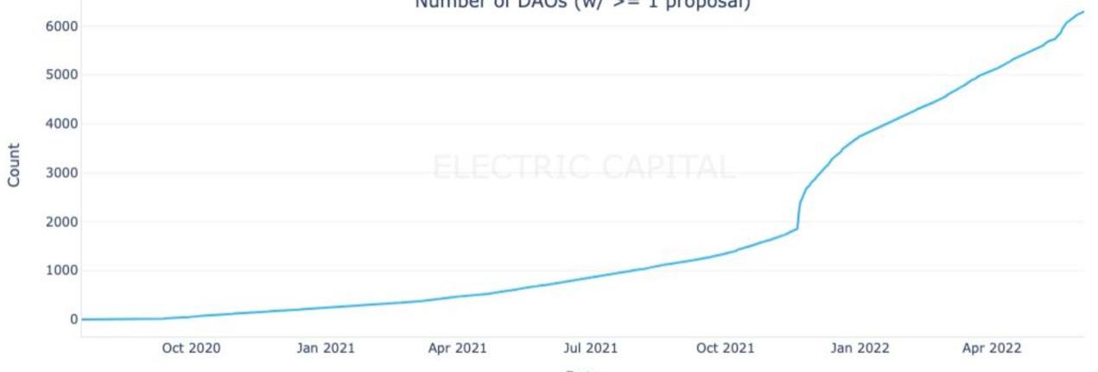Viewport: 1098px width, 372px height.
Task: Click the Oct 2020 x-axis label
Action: (x=191, y=349)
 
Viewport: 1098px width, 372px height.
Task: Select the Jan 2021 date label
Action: (x=326, y=349)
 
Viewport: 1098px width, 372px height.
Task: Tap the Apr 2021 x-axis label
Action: (x=458, y=349)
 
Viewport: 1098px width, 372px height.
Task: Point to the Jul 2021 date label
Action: (x=590, y=349)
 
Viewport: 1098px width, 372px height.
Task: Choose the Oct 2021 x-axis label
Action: (x=725, y=349)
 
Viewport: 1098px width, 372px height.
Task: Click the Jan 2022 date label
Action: (x=860, y=349)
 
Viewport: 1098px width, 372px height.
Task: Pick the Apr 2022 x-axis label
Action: (x=992, y=349)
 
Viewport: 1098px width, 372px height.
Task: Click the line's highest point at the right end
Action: (x=1082, y=12)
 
